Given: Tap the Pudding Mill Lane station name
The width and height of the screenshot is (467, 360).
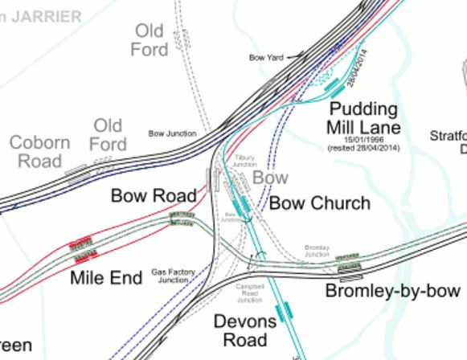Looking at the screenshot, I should point(363,118).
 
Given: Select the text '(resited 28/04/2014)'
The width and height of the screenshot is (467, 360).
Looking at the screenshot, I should point(363,149).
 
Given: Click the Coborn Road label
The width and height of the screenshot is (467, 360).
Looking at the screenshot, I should point(40,152).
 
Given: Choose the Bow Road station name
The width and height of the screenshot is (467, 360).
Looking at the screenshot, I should point(154,195).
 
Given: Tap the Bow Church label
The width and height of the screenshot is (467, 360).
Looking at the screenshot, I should point(319,203).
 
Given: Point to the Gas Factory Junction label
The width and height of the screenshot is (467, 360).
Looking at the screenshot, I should point(174,276).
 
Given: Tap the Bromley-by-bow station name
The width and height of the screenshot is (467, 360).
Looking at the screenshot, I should point(392,291).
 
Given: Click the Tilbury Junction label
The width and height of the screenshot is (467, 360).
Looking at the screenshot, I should point(244,161).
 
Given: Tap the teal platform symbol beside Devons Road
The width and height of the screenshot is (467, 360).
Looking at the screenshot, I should point(282,312).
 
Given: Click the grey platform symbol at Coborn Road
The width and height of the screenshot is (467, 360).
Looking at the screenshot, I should point(77,173).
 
